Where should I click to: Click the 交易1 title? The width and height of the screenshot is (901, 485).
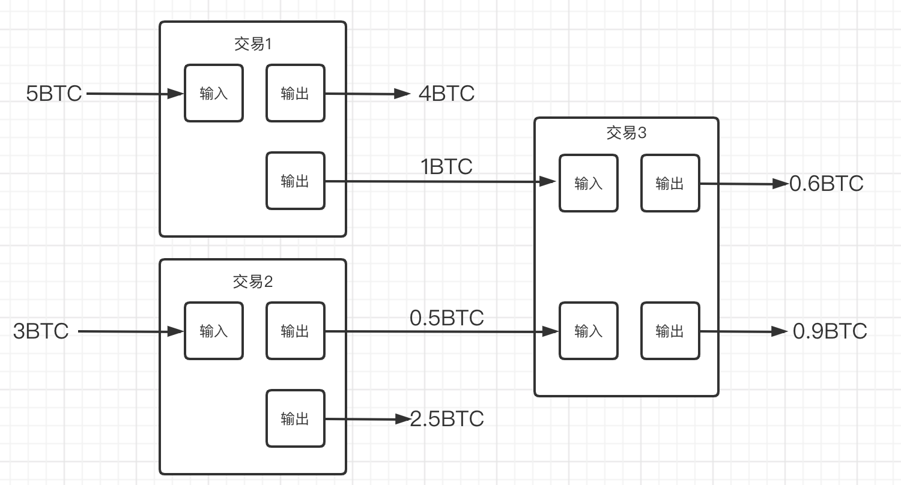[253, 44]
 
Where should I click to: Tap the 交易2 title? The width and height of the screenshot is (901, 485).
[253, 282]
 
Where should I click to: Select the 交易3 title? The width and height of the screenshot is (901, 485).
[626, 133]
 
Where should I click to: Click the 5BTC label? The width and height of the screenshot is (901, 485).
[54, 94]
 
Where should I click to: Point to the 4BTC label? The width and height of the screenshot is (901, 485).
[446, 94]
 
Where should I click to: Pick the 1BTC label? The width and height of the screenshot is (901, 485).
[446, 166]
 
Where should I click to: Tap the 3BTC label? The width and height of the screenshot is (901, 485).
[41, 331]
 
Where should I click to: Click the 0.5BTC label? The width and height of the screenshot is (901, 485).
[446, 318]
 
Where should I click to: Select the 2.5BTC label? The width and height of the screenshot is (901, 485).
[446, 419]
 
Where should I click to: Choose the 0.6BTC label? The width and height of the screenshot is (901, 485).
[826, 184]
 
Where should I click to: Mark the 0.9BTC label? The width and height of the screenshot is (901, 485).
[830, 331]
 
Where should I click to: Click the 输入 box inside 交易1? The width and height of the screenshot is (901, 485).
[214, 93]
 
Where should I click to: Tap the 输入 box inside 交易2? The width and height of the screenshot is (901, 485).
[214, 331]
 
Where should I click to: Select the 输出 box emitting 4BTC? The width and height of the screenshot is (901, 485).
[296, 93]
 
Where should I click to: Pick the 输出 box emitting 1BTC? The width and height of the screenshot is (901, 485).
[296, 181]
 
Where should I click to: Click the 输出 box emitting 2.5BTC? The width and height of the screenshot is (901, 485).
[296, 419]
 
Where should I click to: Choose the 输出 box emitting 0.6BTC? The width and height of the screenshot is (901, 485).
[670, 183]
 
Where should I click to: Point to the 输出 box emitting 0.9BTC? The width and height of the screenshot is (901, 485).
[670, 331]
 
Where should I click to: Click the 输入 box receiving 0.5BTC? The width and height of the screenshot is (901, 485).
[589, 331]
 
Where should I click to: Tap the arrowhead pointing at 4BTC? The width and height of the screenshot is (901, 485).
[402, 94]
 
